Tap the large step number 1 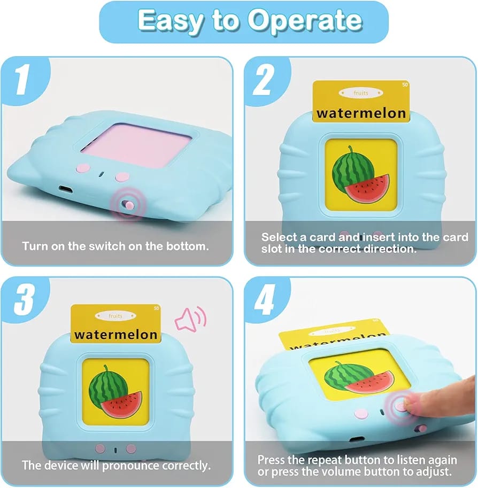(22, 79)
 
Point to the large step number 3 (24, 299)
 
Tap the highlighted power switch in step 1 (128, 205)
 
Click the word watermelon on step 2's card (361, 113)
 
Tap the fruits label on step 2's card (361, 93)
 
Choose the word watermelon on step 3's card (116, 335)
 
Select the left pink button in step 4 (361, 414)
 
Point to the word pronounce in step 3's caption (130, 466)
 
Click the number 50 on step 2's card (405, 84)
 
